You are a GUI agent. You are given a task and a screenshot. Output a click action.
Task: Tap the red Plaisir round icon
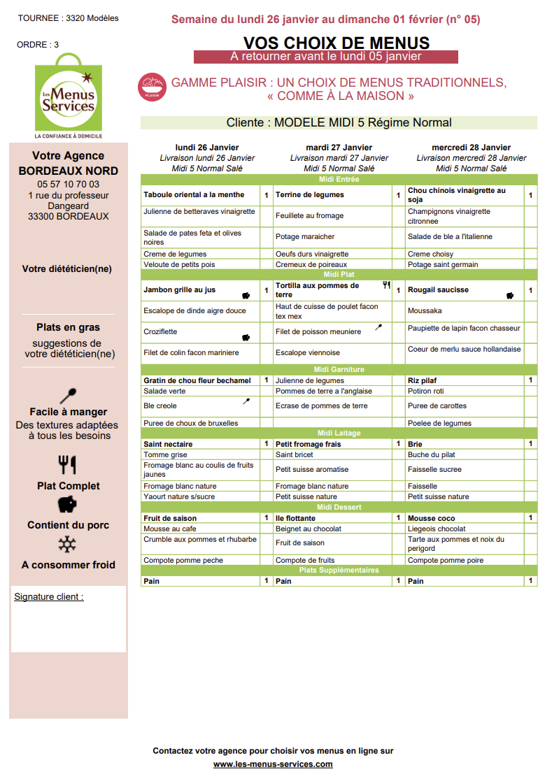click(152, 87)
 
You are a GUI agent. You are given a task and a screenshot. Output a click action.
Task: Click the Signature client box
click(69, 619)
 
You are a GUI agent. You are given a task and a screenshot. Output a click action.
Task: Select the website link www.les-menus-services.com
click(273, 764)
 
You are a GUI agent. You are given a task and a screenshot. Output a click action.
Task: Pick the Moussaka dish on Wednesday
click(425, 310)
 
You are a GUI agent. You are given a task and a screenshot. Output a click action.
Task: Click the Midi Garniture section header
click(339, 369)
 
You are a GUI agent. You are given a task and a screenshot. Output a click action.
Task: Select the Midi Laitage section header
click(339, 433)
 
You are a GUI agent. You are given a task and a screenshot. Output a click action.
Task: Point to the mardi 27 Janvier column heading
click(339, 148)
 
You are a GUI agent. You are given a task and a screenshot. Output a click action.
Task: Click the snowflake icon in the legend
click(67, 545)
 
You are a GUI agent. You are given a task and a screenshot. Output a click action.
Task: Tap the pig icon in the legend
click(67, 504)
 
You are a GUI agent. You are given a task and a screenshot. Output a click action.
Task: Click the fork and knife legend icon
click(67, 464)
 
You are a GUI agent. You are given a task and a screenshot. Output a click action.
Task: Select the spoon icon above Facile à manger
click(68, 396)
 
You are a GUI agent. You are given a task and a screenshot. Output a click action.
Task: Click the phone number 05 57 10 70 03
click(69, 185)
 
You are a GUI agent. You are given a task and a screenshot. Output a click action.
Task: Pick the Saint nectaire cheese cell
click(168, 444)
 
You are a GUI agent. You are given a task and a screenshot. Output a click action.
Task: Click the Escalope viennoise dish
click(307, 353)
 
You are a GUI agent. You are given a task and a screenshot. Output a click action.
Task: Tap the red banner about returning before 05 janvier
click(325, 57)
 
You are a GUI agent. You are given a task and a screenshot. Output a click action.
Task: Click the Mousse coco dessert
click(431, 518)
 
